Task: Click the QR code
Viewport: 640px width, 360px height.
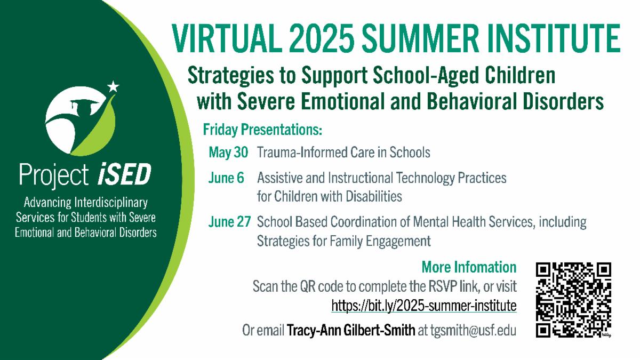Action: (574, 300)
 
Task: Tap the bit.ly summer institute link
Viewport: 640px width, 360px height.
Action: (424, 306)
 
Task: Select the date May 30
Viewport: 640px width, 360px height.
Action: (228, 153)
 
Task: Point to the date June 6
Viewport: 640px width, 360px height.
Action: (226, 178)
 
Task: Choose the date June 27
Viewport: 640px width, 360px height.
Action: (229, 222)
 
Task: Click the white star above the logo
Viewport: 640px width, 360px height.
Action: (113, 86)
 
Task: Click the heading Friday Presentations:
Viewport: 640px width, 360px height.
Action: (263, 130)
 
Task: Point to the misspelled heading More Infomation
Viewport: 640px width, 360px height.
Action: (469, 267)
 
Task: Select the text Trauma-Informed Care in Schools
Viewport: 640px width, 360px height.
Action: (343, 153)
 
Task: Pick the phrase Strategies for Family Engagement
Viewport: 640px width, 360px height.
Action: (343, 241)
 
